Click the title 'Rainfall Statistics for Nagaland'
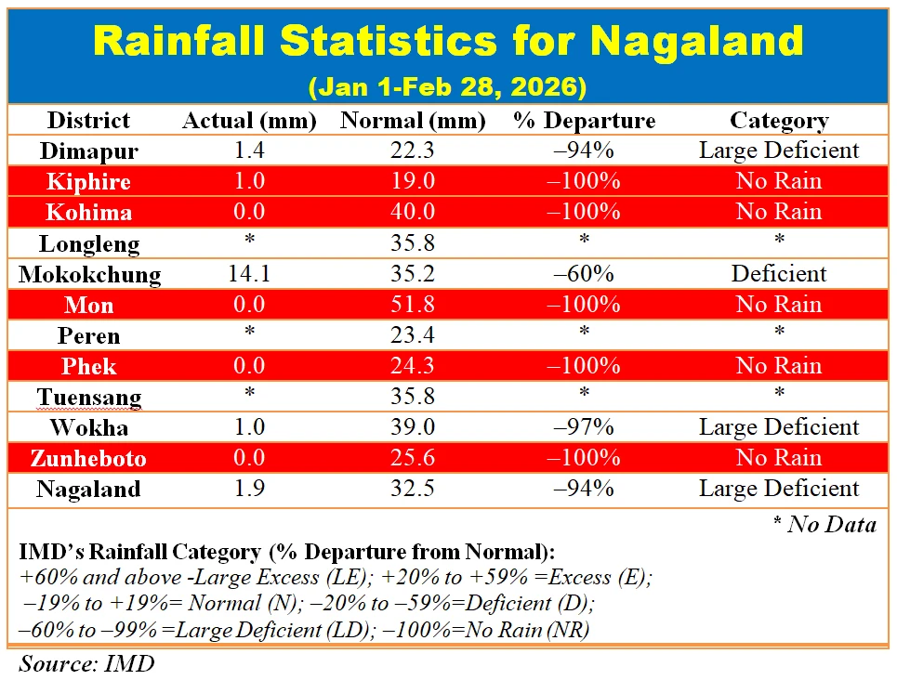(x=448, y=42)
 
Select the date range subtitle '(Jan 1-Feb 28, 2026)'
(x=447, y=87)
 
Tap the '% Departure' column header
(x=584, y=121)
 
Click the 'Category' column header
(x=778, y=121)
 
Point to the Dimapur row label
(x=89, y=150)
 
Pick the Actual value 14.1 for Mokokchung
(x=249, y=274)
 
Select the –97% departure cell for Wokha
(x=584, y=427)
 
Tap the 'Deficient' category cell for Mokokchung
(x=778, y=274)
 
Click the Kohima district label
(x=89, y=212)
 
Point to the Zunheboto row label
(x=89, y=458)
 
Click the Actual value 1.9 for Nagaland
(x=249, y=489)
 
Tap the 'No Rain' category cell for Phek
(x=778, y=366)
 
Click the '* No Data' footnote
(x=824, y=525)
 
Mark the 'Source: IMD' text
(x=86, y=663)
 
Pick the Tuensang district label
(x=89, y=397)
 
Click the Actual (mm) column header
(x=249, y=121)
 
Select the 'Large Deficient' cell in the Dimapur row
(x=778, y=150)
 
